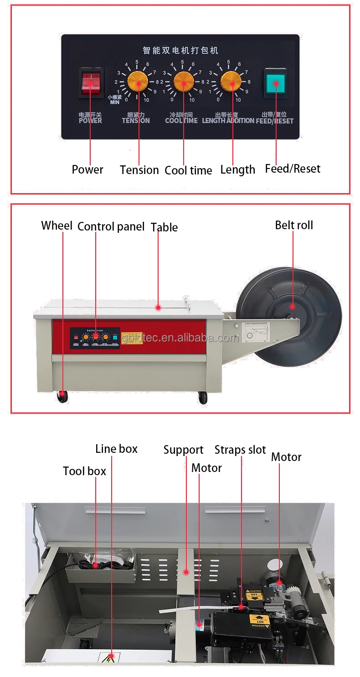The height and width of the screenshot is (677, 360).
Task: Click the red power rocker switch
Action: click(x=90, y=83)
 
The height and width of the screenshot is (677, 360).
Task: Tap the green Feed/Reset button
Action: click(x=275, y=83)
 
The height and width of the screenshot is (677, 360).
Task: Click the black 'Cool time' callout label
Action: click(x=188, y=170)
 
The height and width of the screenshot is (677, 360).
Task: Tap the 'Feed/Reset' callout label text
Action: click(x=293, y=169)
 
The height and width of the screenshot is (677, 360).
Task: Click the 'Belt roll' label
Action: click(x=294, y=225)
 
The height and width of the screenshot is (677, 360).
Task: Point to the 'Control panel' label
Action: click(x=111, y=226)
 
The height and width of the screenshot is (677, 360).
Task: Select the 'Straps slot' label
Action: click(x=240, y=450)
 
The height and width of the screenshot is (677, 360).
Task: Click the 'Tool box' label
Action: click(x=84, y=471)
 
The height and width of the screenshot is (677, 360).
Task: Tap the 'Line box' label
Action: click(x=116, y=449)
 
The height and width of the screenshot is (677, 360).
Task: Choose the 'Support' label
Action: click(x=183, y=450)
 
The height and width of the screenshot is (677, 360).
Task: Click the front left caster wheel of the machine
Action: click(x=62, y=397)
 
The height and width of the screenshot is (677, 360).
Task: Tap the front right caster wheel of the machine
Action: click(x=203, y=398)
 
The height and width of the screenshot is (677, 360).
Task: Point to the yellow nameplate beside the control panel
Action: click(x=132, y=338)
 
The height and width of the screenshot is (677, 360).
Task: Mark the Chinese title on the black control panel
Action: click(x=180, y=50)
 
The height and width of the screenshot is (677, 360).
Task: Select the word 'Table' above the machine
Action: click(x=164, y=227)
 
